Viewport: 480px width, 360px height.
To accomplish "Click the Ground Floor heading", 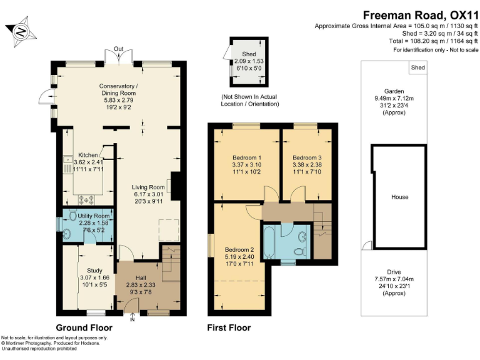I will tap(84, 327).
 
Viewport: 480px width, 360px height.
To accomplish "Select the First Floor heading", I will tap(229, 327).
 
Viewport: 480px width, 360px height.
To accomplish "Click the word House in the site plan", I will tap(399, 197).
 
